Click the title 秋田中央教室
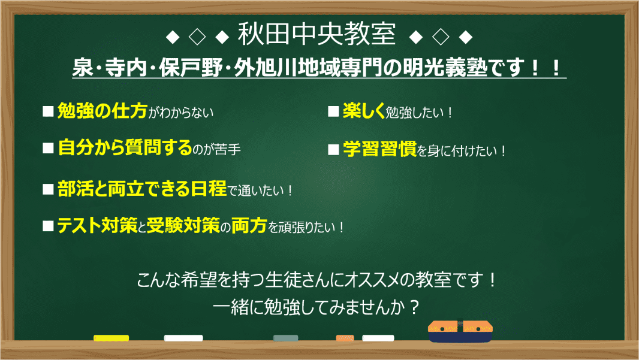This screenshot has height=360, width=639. [317, 35]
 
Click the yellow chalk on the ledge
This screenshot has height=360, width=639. [111, 338]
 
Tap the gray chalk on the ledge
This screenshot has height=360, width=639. [285, 338]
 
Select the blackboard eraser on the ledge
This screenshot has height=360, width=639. [460, 331]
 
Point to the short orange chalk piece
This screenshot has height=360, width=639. [345, 338]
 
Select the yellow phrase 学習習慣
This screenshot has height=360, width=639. [379, 149]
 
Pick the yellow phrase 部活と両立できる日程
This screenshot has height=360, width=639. [143, 189]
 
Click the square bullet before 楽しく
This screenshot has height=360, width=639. [333, 111]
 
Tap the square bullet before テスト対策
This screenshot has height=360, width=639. [49, 226]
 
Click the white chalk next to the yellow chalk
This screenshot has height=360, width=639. [183, 338]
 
